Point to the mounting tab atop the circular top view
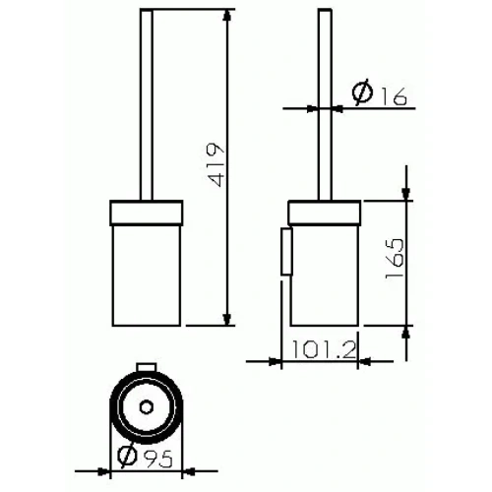[x=146, y=368]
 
